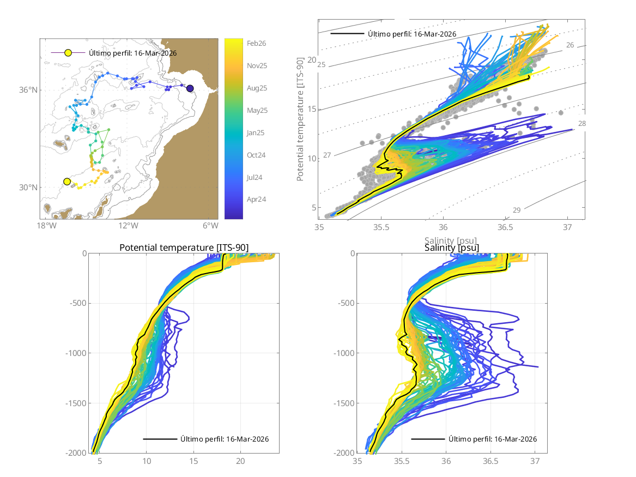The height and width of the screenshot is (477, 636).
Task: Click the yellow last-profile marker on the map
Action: [x=67, y=182]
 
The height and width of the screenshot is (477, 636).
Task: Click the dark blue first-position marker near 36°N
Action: [x=190, y=88]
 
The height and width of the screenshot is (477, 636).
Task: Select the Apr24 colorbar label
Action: [x=256, y=200]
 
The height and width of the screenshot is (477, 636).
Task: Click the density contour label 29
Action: [x=517, y=210]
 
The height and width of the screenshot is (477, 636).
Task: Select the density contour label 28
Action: [x=582, y=124]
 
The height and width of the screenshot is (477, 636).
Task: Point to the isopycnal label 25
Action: [x=322, y=65]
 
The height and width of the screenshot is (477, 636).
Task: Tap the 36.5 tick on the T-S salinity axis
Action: [x=506, y=227]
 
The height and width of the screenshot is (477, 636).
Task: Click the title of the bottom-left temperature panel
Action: [x=184, y=248]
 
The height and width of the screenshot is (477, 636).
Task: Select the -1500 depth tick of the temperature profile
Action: [x=76, y=403]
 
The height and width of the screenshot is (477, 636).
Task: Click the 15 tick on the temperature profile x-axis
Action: [x=193, y=461]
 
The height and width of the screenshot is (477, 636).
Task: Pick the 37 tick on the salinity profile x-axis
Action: [x=535, y=461]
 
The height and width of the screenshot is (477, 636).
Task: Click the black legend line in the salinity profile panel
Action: [x=428, y=439]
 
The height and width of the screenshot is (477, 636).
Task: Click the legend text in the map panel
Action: [x=132, y=53]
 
